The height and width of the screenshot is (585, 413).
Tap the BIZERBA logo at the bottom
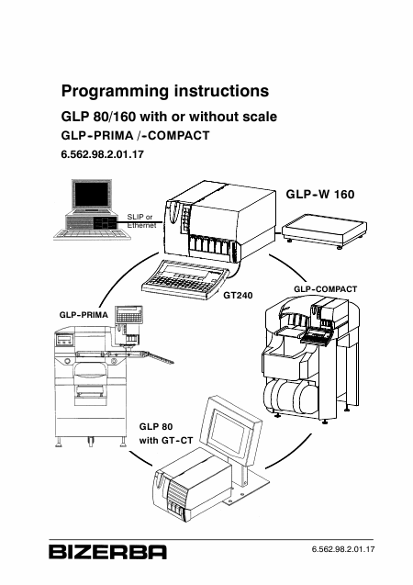point(107,552)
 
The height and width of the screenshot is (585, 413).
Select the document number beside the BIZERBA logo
point(343,549)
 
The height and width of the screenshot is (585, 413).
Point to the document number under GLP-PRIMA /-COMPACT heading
point(103,154)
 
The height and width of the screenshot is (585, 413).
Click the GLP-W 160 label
point(320,194)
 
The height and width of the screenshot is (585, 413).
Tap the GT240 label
point(238,296)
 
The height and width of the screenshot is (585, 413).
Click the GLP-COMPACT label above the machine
point(326,289)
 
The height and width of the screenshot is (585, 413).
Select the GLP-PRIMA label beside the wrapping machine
point(84,315)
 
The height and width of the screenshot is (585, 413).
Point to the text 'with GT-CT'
point(166,441)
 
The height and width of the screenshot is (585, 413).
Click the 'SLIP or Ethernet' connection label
point(141,221)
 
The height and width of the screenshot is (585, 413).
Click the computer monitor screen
point(92,195)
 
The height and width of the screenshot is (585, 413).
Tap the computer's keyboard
point(93,234)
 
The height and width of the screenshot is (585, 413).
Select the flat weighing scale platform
point(324,231)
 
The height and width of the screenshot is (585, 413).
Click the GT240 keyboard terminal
point(185,278)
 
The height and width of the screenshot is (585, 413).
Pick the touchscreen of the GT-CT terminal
point(229,432)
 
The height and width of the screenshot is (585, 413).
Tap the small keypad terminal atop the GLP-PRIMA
point(129,316)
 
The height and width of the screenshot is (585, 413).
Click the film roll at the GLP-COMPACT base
point(290,398)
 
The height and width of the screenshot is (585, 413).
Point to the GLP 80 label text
point(156,426)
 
